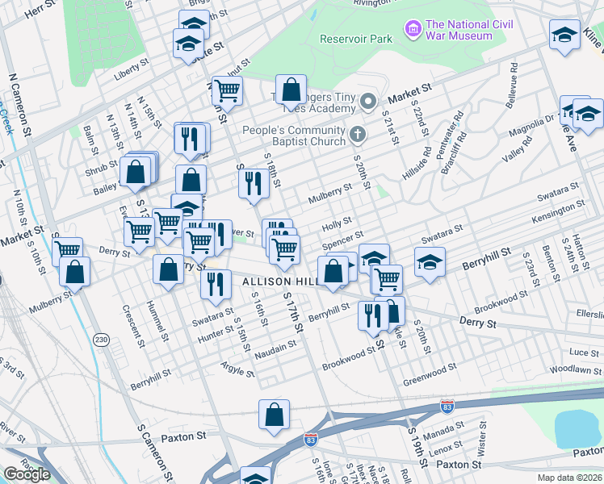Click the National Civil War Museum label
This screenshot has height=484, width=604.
tap(470, 30)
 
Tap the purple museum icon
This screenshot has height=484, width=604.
tap(414, 30)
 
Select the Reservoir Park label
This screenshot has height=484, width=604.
tap(356, 38)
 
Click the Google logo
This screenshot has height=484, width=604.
tap(27, 474)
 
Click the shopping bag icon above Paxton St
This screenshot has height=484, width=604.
tap(274, 415)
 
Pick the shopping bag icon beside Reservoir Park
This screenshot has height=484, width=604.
tap(291, 90)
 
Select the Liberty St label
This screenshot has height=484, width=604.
tap(132, 67)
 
